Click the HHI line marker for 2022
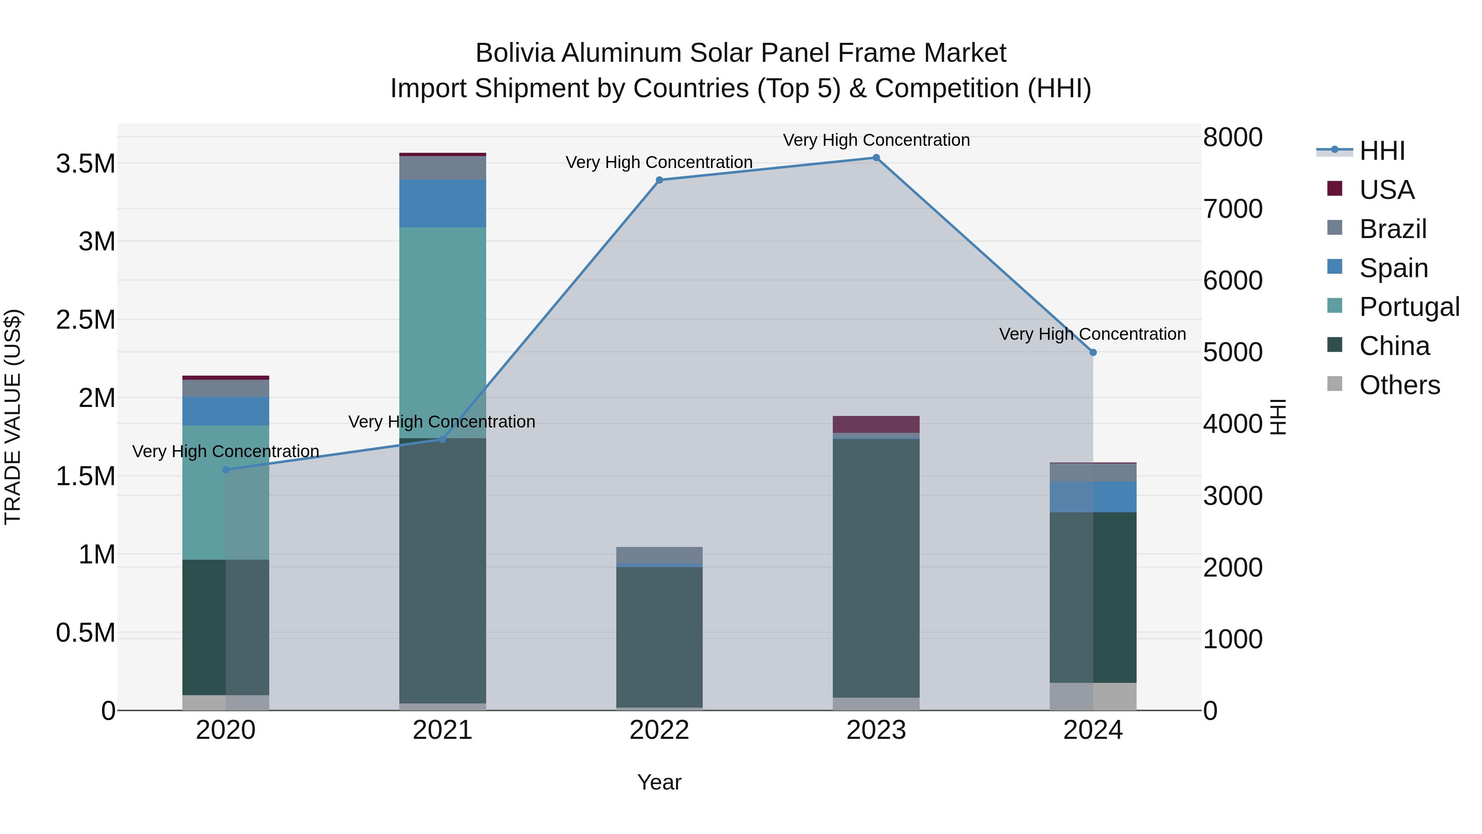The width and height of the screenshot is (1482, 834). coord(659,180)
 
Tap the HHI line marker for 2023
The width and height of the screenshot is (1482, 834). coord(876,158)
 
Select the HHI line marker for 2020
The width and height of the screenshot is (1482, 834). coord(226,470)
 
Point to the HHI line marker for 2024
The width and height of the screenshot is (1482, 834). coord(1093,352)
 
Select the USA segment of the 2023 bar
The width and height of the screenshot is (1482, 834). coord(876,424)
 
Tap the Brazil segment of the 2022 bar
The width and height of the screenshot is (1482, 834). coord(659,555)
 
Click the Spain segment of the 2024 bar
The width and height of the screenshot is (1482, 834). coord(1093,497)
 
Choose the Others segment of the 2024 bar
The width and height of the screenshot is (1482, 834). coord(1093,696)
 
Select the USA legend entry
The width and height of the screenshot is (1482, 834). coord(1386,190)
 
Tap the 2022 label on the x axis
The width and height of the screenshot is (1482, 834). coord(659,730)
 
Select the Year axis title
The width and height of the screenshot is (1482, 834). coord(659,782)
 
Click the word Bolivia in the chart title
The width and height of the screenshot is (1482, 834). coord(515,53)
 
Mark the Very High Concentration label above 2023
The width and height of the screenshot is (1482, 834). coord(876,140)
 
